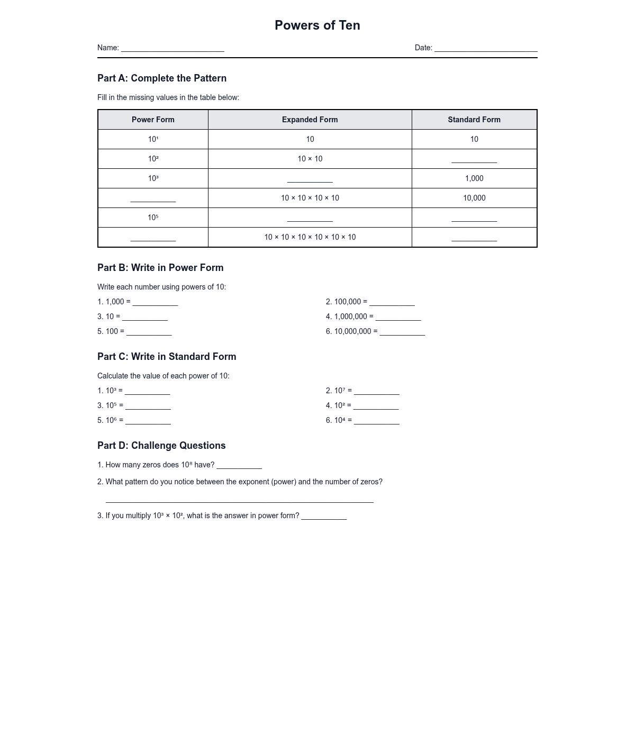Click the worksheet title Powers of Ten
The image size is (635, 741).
pos(317,25)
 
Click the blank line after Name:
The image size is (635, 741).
pos(173,48)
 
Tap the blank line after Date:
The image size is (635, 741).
pos(486,48)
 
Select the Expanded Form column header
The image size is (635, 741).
pos(310,120)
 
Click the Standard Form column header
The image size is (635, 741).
pos(474,120)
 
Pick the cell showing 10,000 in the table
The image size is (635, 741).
pos(474,198)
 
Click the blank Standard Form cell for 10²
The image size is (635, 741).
pos(474,159)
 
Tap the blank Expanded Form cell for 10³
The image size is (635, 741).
pos(310,179)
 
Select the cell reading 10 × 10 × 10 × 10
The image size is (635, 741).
pos(310,198)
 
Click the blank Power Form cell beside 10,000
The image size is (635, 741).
pos(153,198)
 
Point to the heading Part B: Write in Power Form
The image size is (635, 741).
pos(160,268)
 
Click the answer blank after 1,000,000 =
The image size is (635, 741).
pos(398,317)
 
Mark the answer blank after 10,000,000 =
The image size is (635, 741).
pos(402,332)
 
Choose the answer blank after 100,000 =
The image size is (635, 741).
pos(392,302)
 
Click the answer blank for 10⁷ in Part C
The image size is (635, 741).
pos(376,391)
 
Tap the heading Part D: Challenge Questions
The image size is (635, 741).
pos(161,446)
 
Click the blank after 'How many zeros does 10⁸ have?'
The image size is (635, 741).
pos(239,465)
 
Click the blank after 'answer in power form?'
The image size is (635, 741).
pos(324,516)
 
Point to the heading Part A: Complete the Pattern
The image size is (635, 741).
pos(162,78)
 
